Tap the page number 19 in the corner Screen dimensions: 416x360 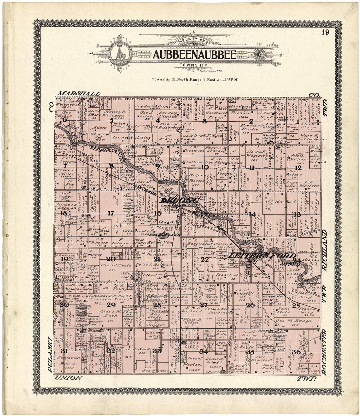325,32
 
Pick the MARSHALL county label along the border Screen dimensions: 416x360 79,94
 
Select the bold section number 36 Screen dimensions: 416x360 296,352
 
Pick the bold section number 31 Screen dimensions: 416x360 64,351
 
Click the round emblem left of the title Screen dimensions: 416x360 121,54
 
